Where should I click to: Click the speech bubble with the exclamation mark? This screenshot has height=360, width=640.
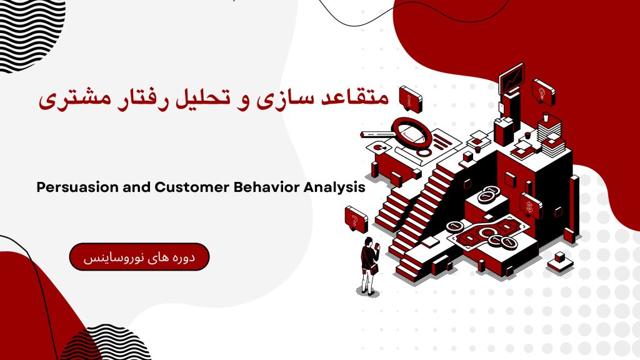tap(410, 98)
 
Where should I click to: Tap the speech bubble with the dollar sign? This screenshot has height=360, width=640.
tap(531, 206)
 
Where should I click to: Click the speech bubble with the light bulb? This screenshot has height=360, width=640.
tap(544, 92)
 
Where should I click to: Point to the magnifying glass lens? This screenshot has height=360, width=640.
tap(411, 131)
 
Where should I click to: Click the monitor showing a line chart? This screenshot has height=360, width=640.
tap(511, 79)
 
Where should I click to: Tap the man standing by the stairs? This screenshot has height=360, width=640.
tap(369, 266)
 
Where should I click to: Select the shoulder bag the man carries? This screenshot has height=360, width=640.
tap(373, 269)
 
